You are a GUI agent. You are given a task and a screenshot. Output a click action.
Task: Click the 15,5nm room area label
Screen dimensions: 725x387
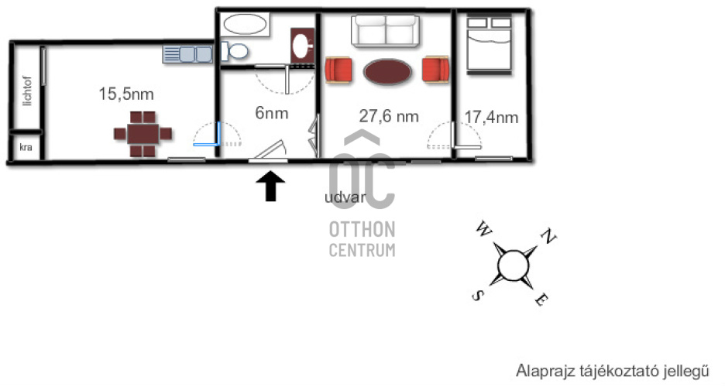[125, 94]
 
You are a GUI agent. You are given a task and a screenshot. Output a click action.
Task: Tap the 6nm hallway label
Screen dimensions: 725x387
[272, 113]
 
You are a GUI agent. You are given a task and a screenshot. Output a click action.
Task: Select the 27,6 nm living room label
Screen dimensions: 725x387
[389, 116]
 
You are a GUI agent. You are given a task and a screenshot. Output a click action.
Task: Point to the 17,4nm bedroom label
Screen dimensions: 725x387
[491, 118]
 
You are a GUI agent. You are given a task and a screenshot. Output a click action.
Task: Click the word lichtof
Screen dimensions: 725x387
[27, 91]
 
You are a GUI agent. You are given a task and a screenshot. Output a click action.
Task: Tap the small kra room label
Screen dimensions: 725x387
[26, 147]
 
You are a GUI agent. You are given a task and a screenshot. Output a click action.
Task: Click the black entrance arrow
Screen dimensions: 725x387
[270, 186]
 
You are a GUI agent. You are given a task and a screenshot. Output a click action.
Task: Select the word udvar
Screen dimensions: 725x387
[345, 197]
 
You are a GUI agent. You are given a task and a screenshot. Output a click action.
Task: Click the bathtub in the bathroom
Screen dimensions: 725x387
[245, 24]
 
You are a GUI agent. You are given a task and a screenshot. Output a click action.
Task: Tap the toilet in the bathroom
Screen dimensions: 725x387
[235, 51]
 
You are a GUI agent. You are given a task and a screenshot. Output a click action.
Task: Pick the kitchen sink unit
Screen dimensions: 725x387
[187, 54]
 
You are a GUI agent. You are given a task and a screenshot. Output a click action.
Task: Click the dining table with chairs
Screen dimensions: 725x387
[143, 134]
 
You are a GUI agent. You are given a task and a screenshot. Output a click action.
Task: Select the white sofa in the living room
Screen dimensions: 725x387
[385, 31]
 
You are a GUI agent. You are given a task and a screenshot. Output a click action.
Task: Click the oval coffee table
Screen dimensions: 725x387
[387, 71]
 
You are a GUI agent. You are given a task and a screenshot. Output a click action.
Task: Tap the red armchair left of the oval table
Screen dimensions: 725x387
[338, 70]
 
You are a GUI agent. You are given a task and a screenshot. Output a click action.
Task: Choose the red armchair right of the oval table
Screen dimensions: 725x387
[436, 70]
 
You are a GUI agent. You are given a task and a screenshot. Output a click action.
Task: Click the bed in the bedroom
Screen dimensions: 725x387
[490, 45]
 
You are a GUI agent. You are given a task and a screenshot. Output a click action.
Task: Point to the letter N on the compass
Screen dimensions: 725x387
[548, 236]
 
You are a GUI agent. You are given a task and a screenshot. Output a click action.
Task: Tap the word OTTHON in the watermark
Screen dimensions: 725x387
[362, 230]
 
